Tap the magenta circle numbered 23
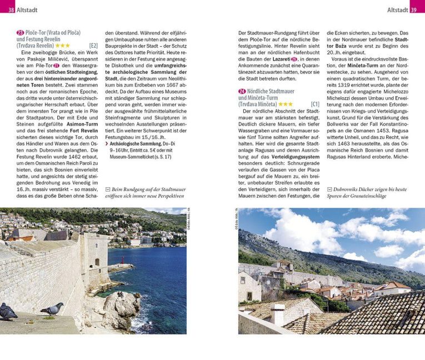[x=20, y=33]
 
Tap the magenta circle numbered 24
[x=242, y=91]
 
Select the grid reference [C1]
[x=315, y=104]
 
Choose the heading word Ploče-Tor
[x=37, y=33]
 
